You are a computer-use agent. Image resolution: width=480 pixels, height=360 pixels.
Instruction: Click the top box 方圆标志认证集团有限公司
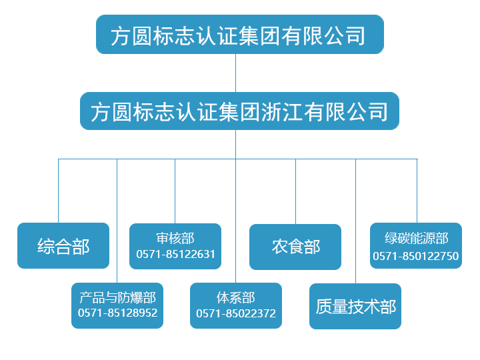tap(239, 35)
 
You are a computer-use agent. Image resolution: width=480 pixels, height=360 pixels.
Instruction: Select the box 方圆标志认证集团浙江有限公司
tap(239, 111)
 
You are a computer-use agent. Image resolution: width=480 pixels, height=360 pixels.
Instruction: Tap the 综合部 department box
tap(63, 246)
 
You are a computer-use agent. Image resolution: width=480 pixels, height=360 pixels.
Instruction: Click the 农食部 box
tap(295, 247)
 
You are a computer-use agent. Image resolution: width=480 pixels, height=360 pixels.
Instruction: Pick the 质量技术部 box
tap(355, 306)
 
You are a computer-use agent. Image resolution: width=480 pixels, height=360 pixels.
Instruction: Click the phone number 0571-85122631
tap(175, 254)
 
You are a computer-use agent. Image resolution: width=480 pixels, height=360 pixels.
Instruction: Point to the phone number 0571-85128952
tap(117, 313)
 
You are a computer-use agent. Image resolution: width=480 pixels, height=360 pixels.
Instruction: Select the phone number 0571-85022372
tap(235, 313)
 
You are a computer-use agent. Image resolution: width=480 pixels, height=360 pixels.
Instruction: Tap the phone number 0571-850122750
tap(415, 256)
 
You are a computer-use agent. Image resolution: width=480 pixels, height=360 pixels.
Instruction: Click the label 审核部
tap(175, 238)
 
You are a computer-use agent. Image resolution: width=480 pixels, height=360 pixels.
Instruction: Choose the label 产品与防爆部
tap(117, 297)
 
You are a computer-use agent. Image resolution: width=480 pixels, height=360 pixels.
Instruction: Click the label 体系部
tap(235, 297)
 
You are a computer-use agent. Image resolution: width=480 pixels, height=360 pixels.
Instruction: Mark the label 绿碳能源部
tap(416, 239)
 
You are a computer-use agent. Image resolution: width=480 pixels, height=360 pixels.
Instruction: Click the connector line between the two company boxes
tap(235, 73)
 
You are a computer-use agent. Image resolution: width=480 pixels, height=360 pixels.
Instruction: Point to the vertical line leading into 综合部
tap(58, 190)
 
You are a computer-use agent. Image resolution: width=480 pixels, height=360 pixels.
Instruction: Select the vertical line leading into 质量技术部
tap(355, 220)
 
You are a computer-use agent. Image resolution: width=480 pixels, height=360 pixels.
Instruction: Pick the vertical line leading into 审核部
tap(175, 190)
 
